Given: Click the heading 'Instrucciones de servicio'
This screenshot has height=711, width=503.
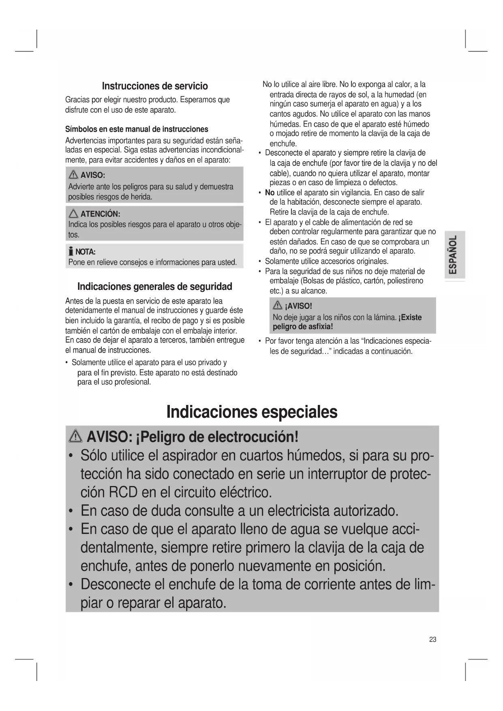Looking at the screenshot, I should [x=154, y=86].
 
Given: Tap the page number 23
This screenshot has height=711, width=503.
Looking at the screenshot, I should [x=432, y=639].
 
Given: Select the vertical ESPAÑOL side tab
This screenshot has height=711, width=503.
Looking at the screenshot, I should [x=454, y=255].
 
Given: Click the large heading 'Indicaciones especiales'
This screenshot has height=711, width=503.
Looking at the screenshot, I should [x=252, y=412].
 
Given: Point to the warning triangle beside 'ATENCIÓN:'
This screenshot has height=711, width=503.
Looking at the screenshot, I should [x=73, y=214].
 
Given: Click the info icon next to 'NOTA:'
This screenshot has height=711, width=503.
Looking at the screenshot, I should [x=71, y=252].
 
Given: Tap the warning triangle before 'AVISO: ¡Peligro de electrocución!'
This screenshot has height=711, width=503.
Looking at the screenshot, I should [x=76, y=437].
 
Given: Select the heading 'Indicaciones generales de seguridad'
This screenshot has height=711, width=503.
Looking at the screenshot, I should [x=154, y=287].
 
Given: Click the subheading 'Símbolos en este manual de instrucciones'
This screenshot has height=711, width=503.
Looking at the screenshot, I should [x=137, y=129].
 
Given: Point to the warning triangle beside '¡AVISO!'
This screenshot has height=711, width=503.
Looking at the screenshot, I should [x=278, y=305].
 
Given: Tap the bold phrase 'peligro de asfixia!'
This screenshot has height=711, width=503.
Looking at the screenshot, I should [x=303, y=327].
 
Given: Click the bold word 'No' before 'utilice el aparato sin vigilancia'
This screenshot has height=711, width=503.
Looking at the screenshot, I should [x=270, y=193].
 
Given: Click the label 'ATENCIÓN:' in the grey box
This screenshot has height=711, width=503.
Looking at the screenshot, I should [x=100, y=214].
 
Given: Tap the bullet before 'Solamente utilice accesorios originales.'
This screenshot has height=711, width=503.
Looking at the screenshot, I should [x=259, y=261].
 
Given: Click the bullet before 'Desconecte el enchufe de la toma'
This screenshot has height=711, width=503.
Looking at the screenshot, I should [x=71, y=585].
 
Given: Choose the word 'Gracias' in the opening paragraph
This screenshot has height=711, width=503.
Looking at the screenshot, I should [x=77, y=100].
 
